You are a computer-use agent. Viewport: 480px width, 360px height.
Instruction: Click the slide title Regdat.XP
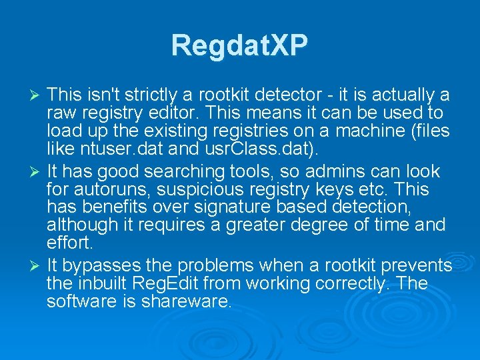coord(239,45)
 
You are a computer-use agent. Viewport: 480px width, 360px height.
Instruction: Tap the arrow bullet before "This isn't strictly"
coord(37,95)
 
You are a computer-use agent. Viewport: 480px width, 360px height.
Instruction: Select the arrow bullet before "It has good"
coord(37,171)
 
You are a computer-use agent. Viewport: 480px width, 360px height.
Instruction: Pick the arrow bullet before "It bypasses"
coord(37,266)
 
